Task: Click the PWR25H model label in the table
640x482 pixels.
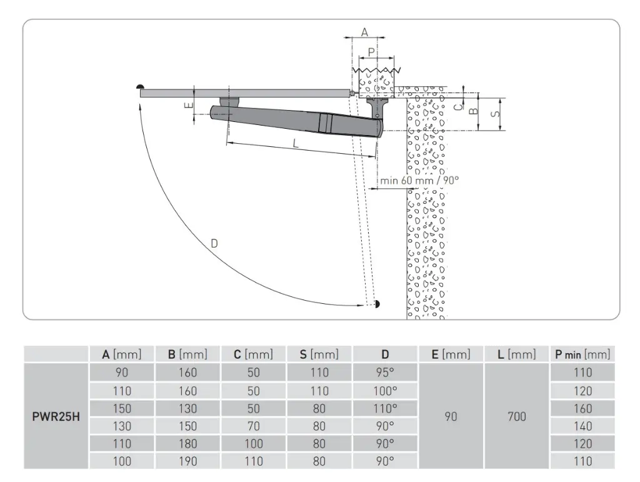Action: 56,417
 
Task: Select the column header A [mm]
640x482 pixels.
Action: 122,354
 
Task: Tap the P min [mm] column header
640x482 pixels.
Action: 582,354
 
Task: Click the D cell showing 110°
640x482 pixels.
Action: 385,408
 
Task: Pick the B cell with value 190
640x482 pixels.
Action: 187,461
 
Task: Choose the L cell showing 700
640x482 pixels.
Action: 517,417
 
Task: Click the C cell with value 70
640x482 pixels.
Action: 254,426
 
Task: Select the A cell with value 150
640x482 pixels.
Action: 122,408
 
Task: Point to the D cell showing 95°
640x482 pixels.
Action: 385,373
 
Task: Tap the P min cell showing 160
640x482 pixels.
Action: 582,408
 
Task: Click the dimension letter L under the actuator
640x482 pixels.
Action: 296,143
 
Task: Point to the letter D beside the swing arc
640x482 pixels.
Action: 214,244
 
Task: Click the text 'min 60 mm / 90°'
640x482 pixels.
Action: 419,181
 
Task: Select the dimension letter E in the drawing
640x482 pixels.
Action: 188,105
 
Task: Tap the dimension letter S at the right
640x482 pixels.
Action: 495,114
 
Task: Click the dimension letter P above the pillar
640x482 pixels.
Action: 371,53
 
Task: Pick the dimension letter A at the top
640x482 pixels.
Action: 364,32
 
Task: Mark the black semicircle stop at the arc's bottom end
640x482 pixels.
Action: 377,304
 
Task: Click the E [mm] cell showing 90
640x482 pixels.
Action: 451,417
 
